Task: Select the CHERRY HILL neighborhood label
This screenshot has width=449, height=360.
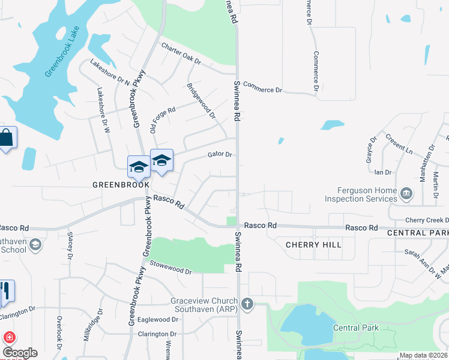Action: pos(313,245)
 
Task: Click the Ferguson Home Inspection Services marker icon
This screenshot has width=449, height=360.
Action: pos(407,193)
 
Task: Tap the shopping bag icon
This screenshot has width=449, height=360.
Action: pos(6,138)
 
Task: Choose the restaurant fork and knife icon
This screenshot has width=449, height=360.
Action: pos(5,292)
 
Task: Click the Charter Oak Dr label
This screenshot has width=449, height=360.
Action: pos(181,54)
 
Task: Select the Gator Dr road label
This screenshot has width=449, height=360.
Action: pos(220,154)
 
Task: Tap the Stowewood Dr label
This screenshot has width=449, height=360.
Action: pos(170,267)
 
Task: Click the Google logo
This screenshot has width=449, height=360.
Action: pos(19,353)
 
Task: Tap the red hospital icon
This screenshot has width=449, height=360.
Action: pos(8,337)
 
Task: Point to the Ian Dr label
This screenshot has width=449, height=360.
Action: pos(382,172)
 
